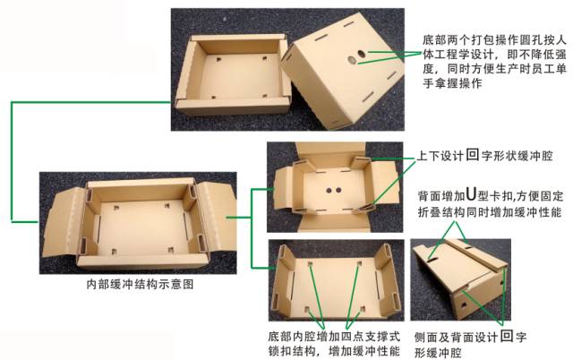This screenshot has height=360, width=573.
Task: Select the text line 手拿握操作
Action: coord(452,84)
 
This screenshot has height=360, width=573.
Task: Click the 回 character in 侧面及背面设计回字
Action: coord(506,337)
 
